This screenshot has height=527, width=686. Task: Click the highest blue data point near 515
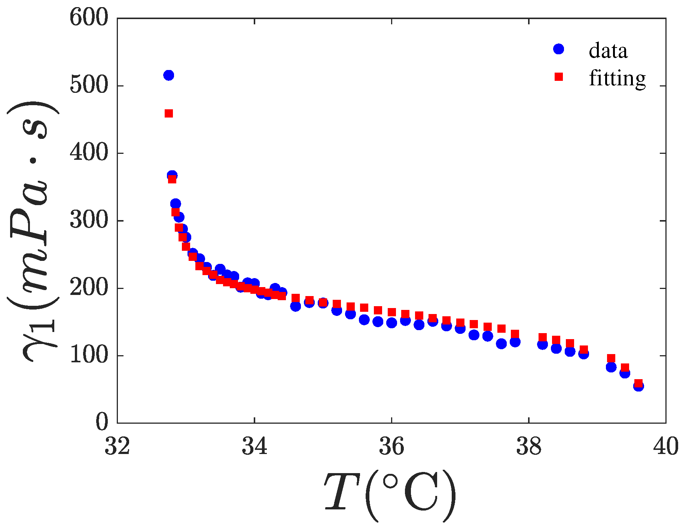169,75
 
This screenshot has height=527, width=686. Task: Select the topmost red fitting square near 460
169,113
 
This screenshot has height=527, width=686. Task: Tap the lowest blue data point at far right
638,386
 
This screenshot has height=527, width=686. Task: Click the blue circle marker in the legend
558,49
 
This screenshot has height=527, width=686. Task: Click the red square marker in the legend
558,77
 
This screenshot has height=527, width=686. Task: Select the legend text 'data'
608,51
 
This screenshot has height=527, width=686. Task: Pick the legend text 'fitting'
617,78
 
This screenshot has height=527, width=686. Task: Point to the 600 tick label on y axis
89,18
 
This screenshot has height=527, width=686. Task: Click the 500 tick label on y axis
89,86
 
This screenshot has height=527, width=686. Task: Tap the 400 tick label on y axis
89,153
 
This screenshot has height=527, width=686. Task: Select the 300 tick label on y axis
89,221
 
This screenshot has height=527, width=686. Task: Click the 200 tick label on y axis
89,288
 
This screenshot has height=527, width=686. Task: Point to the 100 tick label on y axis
89,356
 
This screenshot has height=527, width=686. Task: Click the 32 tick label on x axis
117,447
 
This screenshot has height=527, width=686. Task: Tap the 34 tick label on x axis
254,447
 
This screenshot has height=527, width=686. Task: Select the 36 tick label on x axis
391,447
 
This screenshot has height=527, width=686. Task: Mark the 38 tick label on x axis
529,447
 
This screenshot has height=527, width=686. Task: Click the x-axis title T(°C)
390,496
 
